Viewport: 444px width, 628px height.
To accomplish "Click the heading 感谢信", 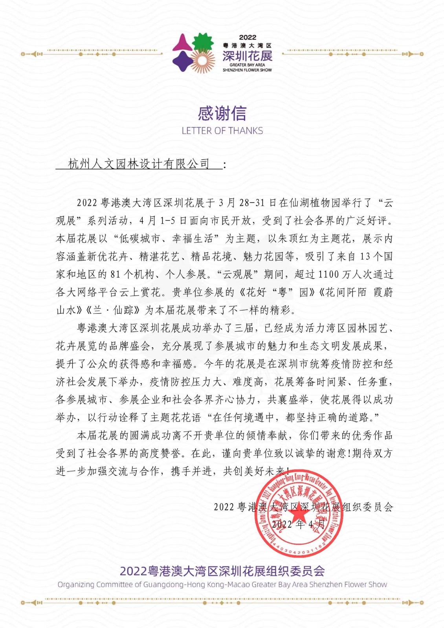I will (x=222, y=114).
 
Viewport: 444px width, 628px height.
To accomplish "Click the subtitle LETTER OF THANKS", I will (x=222, y=131).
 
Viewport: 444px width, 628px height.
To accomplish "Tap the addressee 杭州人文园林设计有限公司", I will (x=139, y=164).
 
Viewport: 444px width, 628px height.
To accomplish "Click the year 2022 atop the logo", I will (x=247, y=38).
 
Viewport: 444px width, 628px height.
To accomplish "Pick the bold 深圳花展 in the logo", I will (x=247, y=56).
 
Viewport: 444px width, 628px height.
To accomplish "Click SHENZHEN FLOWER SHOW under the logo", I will (x=247, y=70).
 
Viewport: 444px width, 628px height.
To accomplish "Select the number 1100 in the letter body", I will (x=328, y=274).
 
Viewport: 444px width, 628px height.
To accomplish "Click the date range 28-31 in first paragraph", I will (x=252, y=203).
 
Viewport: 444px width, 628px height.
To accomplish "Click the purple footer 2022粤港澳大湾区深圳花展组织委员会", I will (x=222, y=571).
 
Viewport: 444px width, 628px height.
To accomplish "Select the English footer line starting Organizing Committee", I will (x=222, y=584).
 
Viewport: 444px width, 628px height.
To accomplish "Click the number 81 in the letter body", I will (x=116, y=274).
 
